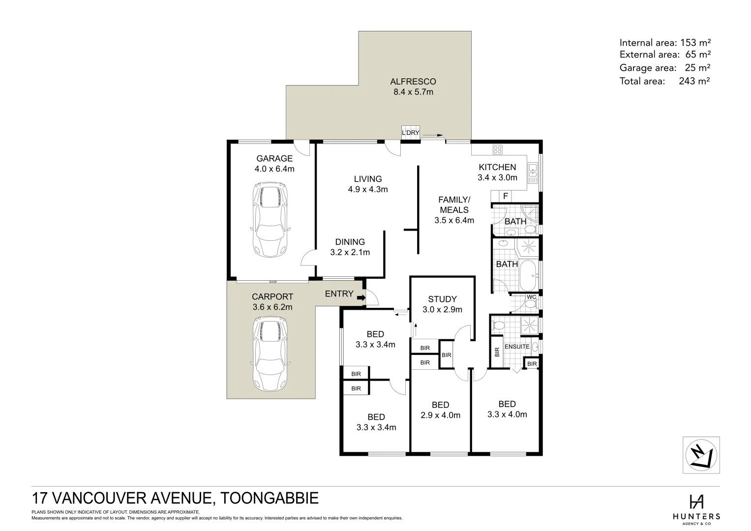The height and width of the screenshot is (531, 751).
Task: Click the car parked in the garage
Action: pos(270,220)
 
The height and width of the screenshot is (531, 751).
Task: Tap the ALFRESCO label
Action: pos(413,82)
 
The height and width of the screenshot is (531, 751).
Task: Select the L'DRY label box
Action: pos(411,132)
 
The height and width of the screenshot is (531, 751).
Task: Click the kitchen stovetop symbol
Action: pos(498,149)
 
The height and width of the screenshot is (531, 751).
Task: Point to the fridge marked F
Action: pos(506,196)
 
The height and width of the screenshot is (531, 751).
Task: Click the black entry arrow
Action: pos(361,297)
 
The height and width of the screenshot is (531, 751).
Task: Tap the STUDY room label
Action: pos(442,299)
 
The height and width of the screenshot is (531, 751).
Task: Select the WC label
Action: pos(531,297)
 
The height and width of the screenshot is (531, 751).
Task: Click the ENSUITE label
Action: pos(517,347)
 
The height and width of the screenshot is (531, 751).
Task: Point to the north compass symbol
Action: pos(701,455)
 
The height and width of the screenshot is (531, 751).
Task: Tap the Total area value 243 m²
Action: pos(694,81)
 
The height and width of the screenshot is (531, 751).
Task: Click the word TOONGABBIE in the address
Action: pos(270,498)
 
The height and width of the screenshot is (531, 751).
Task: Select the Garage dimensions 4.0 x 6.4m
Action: pos(274,169)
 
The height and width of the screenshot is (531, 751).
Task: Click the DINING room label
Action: pos(350,242)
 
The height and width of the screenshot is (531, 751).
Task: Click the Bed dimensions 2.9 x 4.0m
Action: pos(440,415)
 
